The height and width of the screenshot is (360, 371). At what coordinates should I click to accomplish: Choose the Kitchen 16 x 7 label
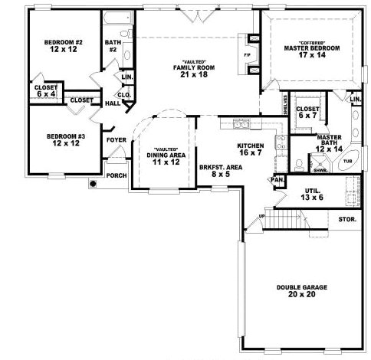coord(251,149)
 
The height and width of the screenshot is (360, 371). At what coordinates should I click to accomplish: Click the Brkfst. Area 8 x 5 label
coord(215,170)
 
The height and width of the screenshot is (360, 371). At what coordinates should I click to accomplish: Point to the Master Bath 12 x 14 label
coord(334,142)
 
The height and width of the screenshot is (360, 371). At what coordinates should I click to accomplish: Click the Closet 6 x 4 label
coord(43,90)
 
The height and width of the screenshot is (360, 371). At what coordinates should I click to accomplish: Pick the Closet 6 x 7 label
coord(307,112)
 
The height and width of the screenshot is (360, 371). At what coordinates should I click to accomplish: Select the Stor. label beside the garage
coord(347,220)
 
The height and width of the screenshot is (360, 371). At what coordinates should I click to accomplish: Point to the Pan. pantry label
coord(277,180)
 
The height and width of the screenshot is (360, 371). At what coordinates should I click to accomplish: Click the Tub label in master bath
coord(347,162)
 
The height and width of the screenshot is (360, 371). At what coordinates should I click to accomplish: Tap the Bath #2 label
coord(113,47)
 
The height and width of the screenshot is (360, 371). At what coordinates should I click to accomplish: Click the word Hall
coord(112,103)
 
